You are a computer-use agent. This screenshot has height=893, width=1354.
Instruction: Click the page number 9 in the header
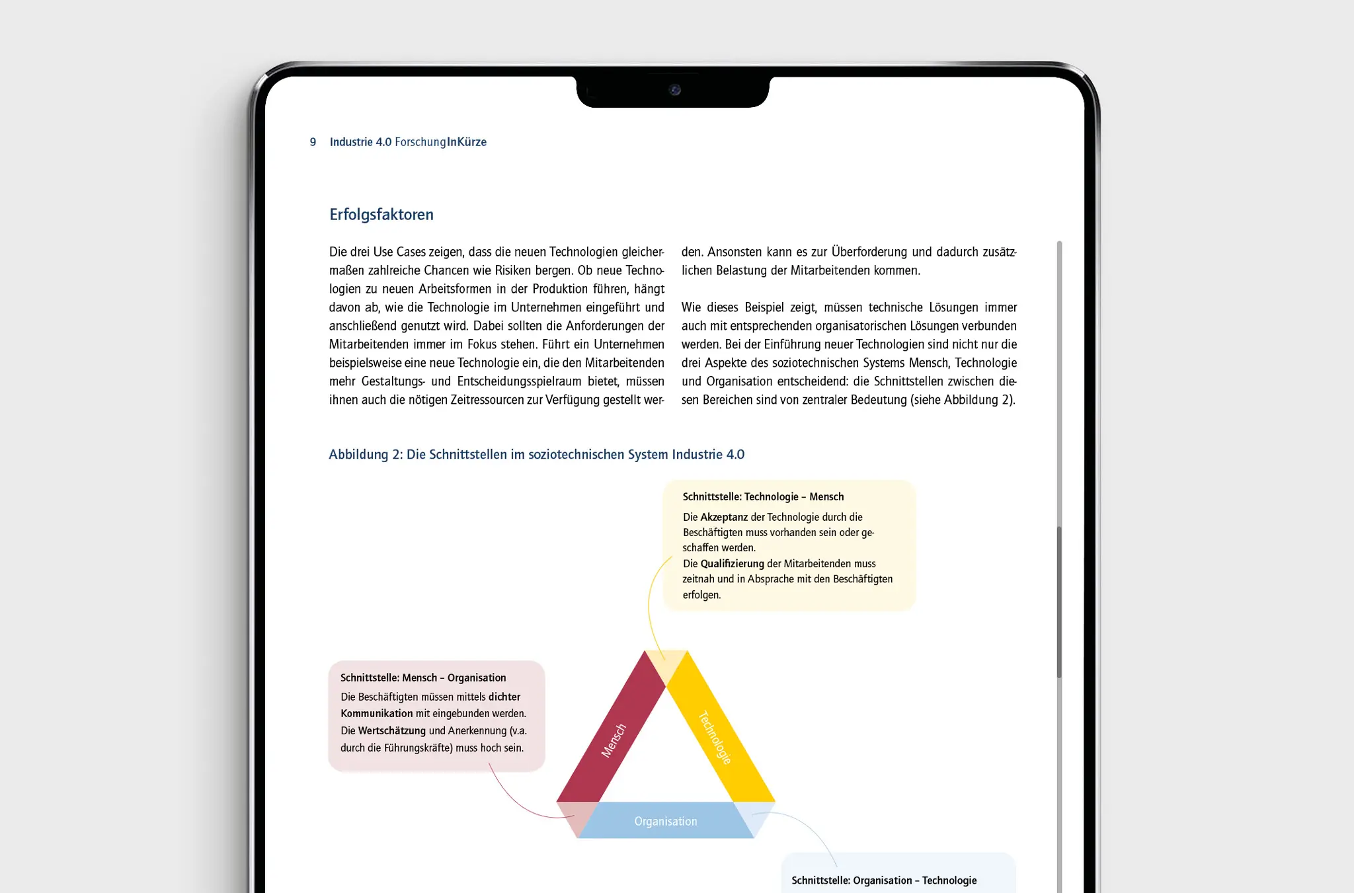click(x=313, y=142)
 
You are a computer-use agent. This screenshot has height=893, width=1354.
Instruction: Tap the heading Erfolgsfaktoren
click(x=381, y=215)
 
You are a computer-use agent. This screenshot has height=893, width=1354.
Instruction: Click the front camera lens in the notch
click(x=674, y=90)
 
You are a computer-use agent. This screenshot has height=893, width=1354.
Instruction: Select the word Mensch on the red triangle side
click(x=613, y=740)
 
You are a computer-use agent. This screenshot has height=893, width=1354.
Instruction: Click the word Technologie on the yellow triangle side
click(x=715, y=737)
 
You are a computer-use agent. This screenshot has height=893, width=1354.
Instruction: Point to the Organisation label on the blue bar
click(x=665, y=821)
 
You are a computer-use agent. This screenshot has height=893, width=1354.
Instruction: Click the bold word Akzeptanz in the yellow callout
click(x=724, y=517)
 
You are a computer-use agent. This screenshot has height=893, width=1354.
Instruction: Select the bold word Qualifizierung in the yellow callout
click(x=732, y=564)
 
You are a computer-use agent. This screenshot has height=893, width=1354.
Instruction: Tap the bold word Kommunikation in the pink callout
click(x=376, y=714)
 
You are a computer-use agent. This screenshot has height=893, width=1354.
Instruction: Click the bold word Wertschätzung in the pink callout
click(x=391, y=731)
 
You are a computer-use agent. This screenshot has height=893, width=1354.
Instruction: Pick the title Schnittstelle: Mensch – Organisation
click(x=423, y=678)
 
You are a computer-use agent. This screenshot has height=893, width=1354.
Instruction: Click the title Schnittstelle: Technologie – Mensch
click(x=763, y=496)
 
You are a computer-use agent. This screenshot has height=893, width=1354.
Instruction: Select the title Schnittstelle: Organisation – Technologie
click(x=884, y=880)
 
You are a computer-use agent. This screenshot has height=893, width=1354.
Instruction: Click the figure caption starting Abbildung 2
click(x=536, y=454)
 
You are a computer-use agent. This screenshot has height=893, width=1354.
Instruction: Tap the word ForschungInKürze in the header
click(x=440, y=142)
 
